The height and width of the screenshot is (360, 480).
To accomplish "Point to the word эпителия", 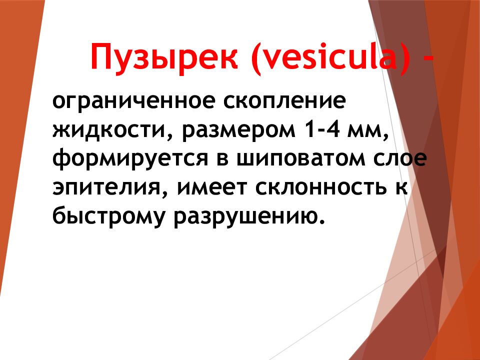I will (x=109, y=188).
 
